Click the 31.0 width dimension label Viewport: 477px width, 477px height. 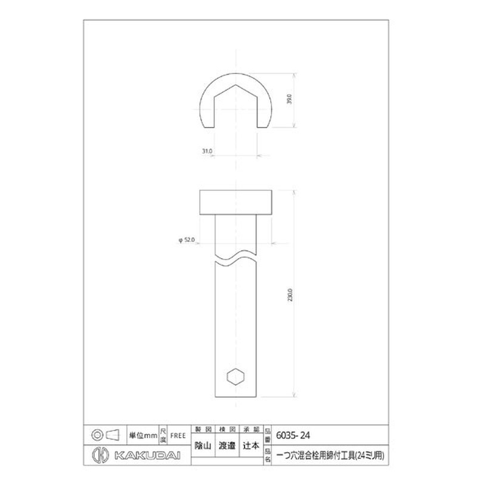(x=207, y=152)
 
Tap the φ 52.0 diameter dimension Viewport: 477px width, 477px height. (x=187, y=239)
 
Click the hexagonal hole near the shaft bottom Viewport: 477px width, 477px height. (x=236, y=377)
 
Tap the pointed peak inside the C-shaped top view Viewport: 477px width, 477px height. (x=237, y=87)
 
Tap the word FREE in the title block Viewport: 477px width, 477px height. (x=178, y=435)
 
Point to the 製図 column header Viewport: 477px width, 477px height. (x=204, y=429)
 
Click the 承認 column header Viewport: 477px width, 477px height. (x=252, y=429)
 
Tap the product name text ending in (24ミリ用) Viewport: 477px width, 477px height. (x=332, y=456)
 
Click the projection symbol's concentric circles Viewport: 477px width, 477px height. (x=96, y=434)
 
